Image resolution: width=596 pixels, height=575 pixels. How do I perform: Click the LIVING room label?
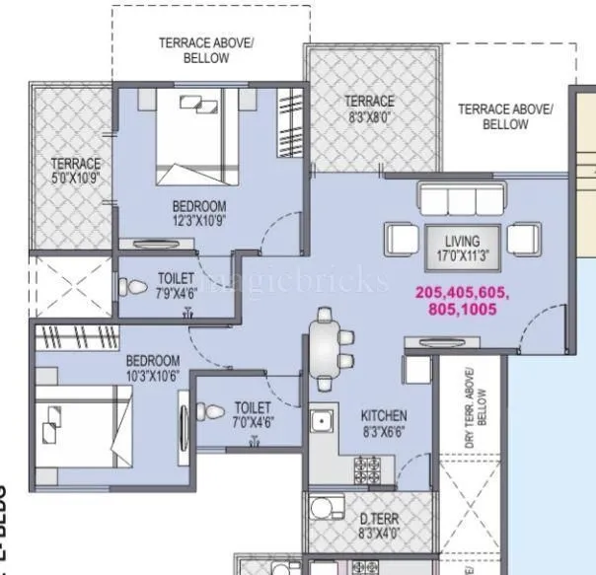[x=462, y=241]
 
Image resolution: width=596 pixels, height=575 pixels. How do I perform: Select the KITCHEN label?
[x=384, y=416]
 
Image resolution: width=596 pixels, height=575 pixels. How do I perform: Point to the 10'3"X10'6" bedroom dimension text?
[x=152, y=375]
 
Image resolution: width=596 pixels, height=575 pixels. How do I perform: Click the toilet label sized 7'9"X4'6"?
[x=176, y=286]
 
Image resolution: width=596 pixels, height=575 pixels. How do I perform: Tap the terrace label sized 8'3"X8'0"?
[x=369, y=108]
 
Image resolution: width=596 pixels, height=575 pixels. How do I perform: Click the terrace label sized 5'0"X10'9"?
[x=75, y=171]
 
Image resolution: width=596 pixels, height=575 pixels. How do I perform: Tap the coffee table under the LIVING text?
[x=462, y=242]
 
